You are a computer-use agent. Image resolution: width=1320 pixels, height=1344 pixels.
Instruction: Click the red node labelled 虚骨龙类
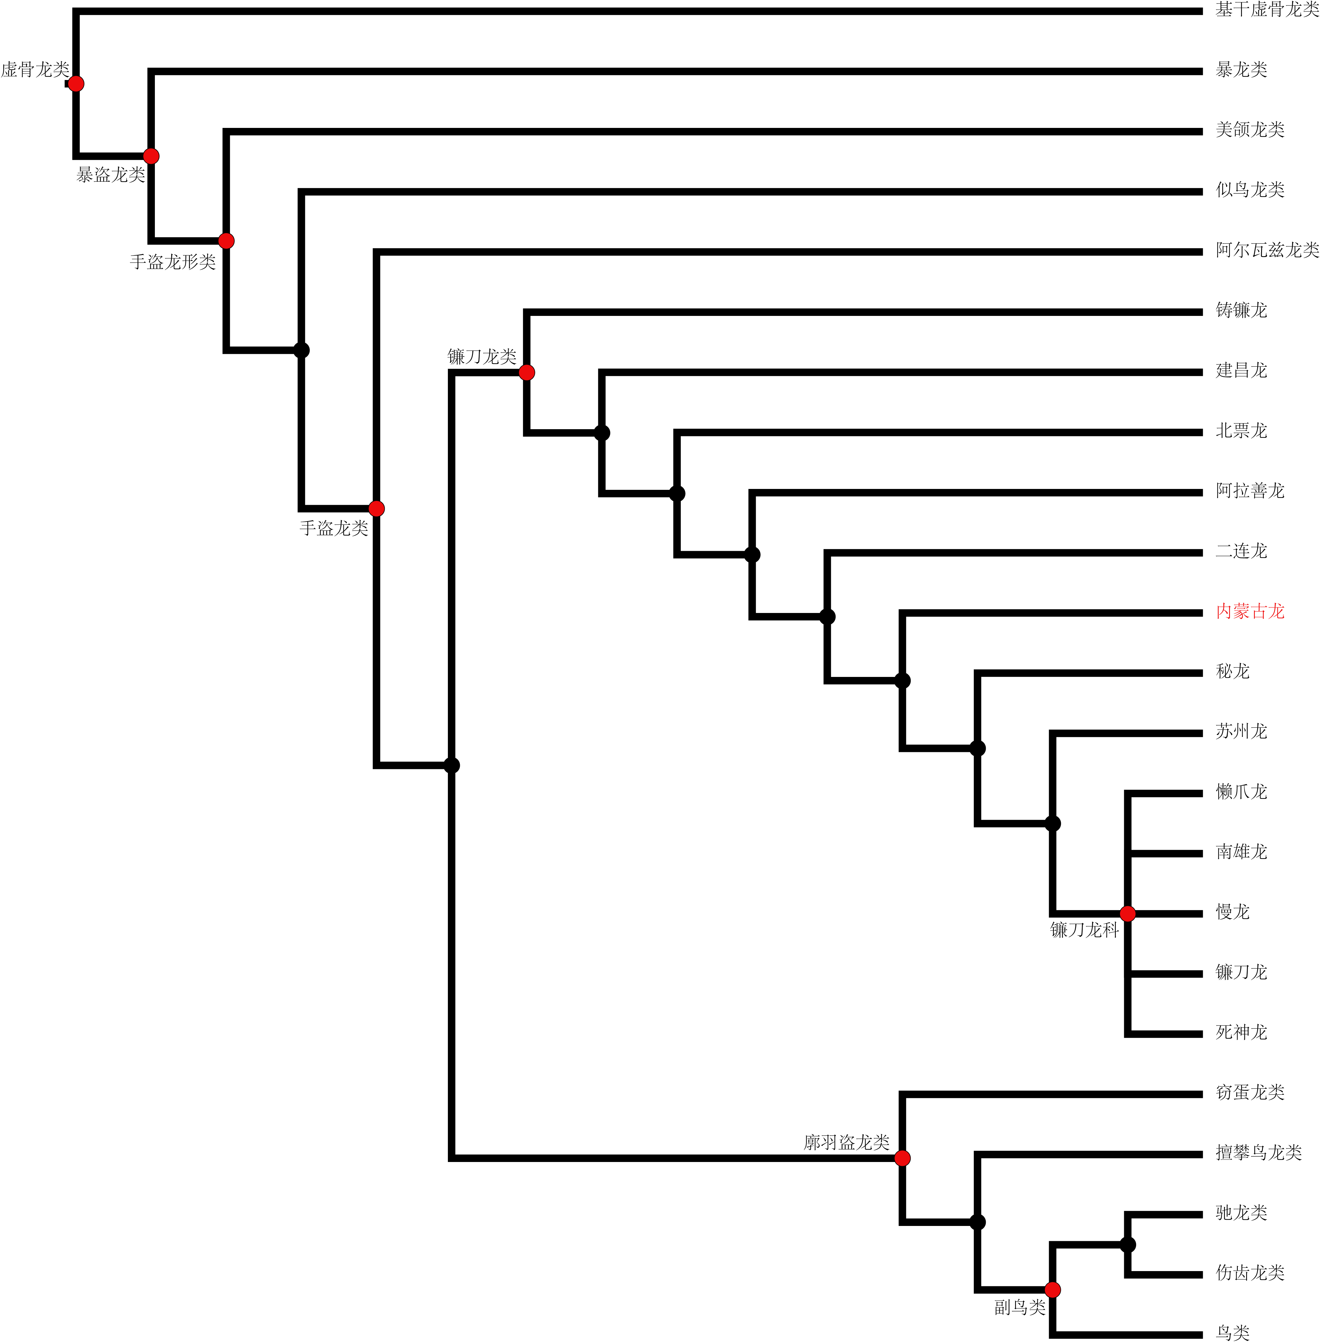pyautogui.click(x=76, y=84)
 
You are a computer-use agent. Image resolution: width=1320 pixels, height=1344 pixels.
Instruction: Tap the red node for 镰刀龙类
pyautogui.click(x=527, y=373)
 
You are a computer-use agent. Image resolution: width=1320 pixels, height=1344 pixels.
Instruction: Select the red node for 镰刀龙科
pyautogui.click(x=1128, y=914)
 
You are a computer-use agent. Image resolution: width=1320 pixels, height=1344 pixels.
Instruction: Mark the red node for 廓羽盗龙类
pyautogui.click(x=903, y=1158)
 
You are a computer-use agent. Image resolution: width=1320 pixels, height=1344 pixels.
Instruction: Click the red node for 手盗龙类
pyautogui.click(x=376, y=509)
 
